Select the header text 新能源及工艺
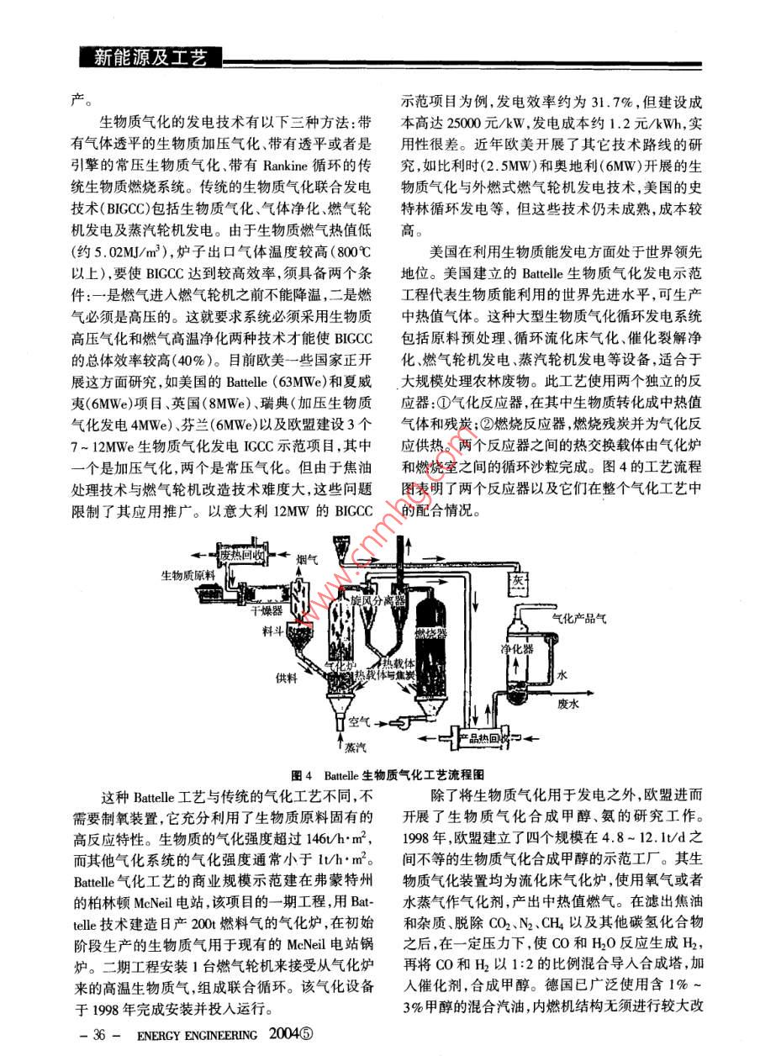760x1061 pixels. coord(151,57)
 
